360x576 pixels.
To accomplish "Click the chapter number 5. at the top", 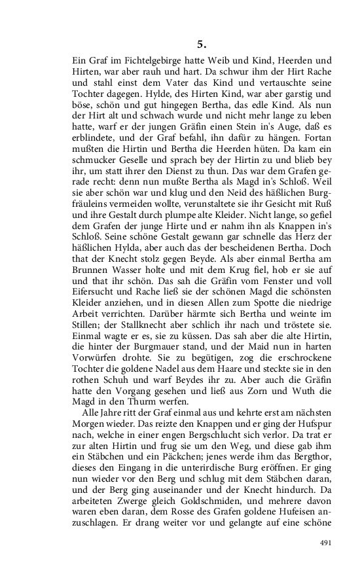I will (x=202, y=45).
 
